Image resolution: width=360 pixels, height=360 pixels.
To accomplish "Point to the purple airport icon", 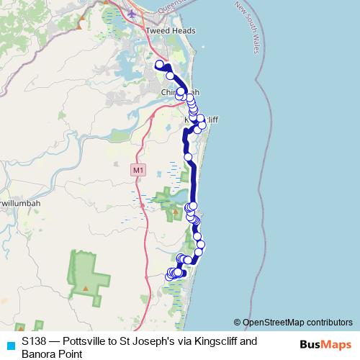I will coord(132,13).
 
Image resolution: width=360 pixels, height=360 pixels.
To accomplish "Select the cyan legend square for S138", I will coord(10,345).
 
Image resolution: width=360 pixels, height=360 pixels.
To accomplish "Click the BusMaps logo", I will coord(322,345).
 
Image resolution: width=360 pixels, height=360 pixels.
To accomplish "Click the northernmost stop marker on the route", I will coord(160,65).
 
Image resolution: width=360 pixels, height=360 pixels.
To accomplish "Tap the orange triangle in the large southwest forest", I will coord(85,288).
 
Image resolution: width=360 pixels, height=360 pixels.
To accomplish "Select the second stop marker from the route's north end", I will coord(170,76).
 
